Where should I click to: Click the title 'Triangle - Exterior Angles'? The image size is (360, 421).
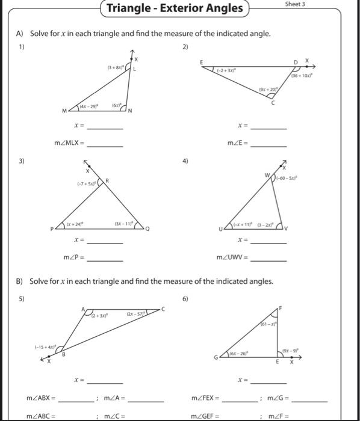(175, 8)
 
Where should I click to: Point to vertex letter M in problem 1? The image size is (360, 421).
(65, 111)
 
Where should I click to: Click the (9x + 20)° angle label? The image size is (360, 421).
(267, 88)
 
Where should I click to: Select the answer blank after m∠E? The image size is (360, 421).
(268, 144)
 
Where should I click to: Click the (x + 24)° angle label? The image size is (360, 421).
(75, 221)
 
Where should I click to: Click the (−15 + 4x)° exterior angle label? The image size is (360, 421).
(45, 347)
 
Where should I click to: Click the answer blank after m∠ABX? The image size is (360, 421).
(76, 400)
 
